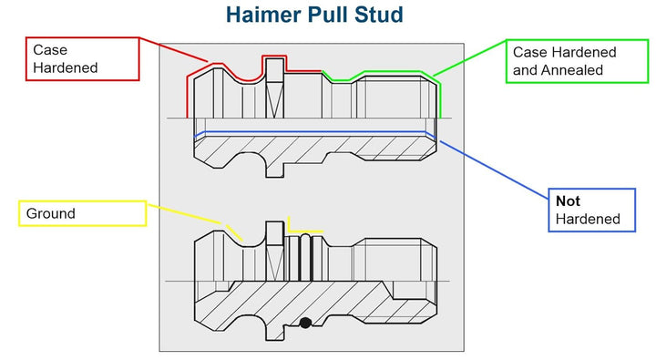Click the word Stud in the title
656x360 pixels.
click(x=380, y=15)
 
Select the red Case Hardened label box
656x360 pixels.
click(x=82, y=58)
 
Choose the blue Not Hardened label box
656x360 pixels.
click(x=592, y=210)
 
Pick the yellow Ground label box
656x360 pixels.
click(x=81, y=213)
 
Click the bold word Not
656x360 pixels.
click(x=568, y=201)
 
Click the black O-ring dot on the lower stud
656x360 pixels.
click(x=306, y=323)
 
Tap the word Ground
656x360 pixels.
click(x=51, y=213)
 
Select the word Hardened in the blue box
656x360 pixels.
click(x=588, y=219)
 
